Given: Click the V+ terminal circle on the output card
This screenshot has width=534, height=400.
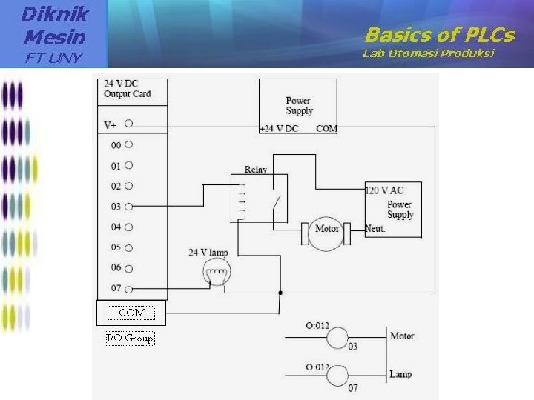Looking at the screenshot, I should click(128, 124).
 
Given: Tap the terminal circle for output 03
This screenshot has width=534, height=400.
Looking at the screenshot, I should click(128, 207).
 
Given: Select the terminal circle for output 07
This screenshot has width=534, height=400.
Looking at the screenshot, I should click(128, 289).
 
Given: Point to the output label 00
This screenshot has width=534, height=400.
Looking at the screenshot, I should click(116, 145).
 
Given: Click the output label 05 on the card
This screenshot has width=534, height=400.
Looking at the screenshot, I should click(116, 247).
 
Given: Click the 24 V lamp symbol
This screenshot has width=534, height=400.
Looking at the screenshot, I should click(216, 276).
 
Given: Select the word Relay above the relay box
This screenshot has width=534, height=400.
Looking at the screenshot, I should click(255, 170).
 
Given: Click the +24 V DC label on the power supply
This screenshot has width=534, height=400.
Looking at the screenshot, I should click(279, 129).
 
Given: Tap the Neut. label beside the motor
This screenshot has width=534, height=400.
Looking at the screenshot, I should click(375, 229).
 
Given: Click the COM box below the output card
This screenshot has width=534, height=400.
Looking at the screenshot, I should click(131, 313).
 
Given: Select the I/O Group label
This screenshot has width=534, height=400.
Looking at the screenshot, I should click(130, 339).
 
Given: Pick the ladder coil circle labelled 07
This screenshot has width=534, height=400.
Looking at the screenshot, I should click(339, 376).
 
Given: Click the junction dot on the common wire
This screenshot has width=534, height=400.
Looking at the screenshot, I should click(280, 293).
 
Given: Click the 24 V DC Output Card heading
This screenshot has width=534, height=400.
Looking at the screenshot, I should click(127, 89).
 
